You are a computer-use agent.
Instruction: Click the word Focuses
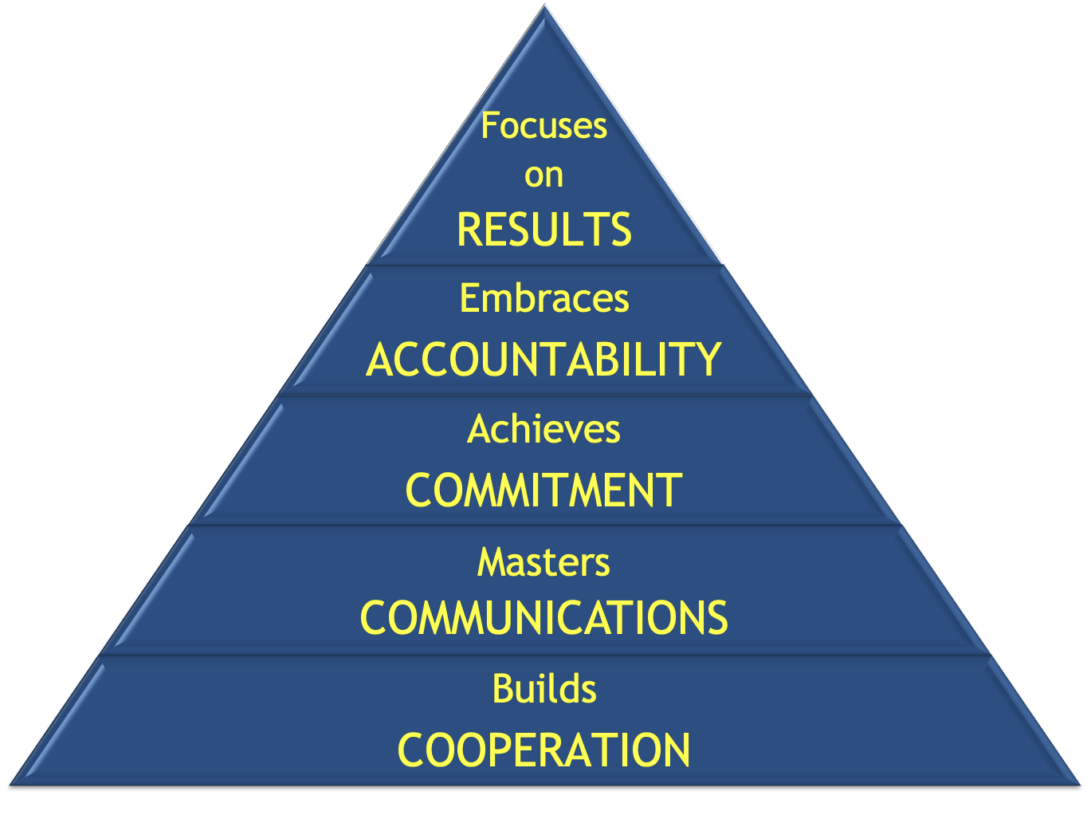(543, 126)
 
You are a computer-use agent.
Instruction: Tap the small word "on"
(543, 176)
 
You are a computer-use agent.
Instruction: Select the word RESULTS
(543, 230)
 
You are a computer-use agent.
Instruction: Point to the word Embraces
(543, 299)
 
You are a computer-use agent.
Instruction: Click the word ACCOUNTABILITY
(543, 359)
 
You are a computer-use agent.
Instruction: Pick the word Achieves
(543, 429)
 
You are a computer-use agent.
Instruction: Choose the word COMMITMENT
(543, 490)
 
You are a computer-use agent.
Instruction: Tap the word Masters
(543, 562)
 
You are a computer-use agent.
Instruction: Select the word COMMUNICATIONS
(543, 618)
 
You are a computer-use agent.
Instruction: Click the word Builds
(543, 689)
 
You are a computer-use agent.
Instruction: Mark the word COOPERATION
(543, 750)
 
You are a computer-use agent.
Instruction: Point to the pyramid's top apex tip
(545, 6)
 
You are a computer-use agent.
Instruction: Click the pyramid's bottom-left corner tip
(11, 783)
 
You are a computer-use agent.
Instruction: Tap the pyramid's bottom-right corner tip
(1078, 783)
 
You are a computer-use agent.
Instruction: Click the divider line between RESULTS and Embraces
(543, 265)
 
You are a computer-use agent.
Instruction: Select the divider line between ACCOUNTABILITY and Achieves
(543, 395)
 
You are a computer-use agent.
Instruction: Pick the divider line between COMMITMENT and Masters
(543, 525)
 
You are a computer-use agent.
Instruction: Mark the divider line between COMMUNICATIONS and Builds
(543, 655)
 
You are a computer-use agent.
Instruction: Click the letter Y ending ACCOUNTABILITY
(707, 359)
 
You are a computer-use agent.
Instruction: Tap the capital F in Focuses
(489, 126)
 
